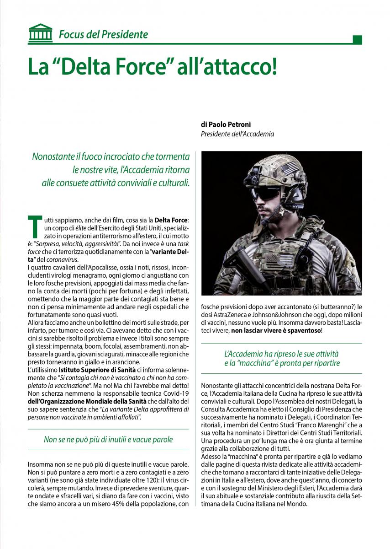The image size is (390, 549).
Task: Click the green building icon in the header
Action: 40,33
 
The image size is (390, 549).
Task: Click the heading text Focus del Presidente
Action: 103,34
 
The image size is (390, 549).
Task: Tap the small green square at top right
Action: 358,39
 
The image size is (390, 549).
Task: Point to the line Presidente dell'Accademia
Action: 237,134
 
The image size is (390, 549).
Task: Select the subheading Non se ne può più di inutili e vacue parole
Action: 108,440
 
